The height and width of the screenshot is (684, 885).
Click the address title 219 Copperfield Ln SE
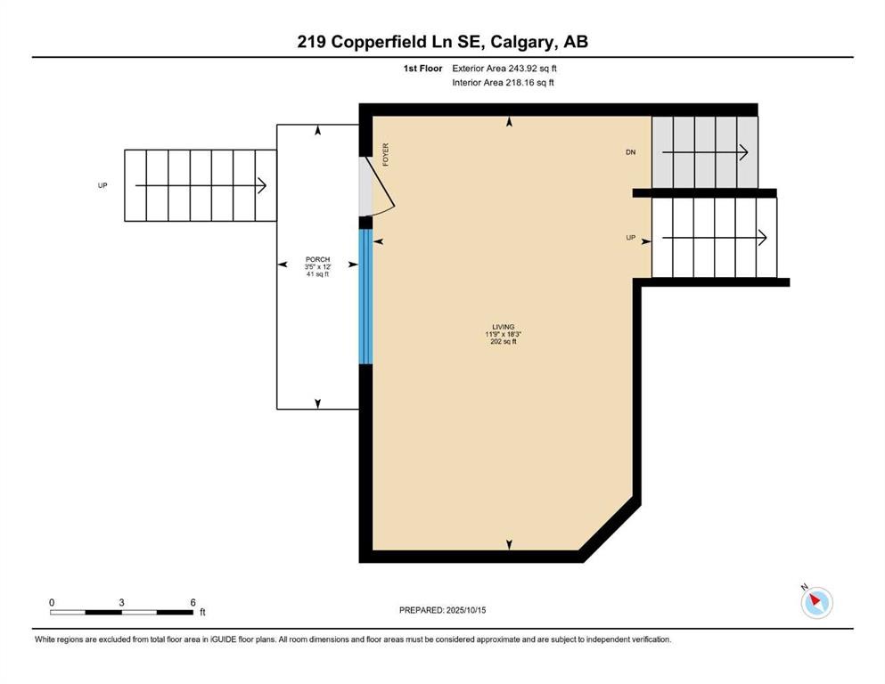point(442,42)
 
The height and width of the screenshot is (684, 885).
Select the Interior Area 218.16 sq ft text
point(504,83)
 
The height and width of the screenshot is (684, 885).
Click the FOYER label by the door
point(386,155)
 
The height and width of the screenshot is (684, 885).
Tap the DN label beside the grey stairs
point(631,153)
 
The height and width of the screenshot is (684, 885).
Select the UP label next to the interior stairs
point(631,238)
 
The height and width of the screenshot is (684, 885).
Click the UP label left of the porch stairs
point(102,185)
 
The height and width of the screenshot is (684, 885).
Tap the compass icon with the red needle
point(816,603)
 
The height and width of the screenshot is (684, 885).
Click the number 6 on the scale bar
point(193,603)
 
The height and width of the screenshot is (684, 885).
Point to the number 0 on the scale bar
point(52,603)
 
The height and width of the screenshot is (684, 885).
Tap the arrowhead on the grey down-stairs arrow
point(744,153)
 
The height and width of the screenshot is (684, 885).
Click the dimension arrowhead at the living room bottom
point(509,545)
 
